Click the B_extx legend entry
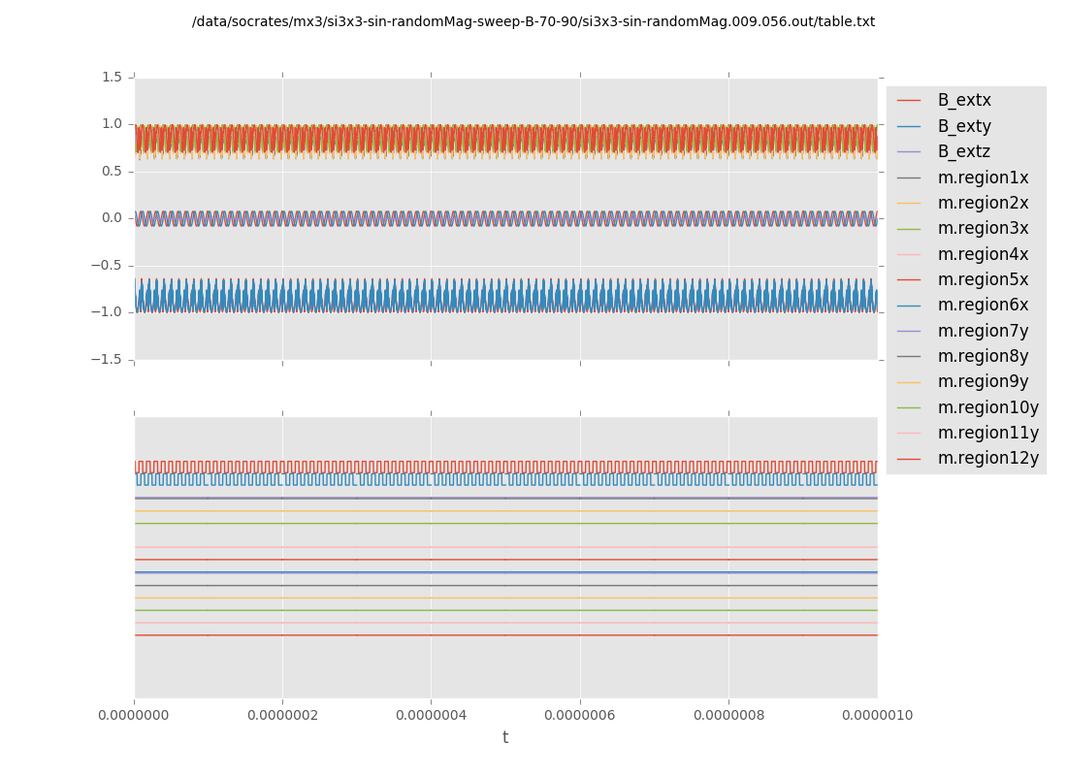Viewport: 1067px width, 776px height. [x=964, y=101]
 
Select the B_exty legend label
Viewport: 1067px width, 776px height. [x=964, y=126]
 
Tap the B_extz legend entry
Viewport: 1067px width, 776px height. [x=964, y=152]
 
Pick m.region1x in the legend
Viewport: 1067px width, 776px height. [x=983, y=178]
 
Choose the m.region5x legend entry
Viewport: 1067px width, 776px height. [x=983, y=280]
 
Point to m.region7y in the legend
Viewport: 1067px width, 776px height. [x=983, y=331]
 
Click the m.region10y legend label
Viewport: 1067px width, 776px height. [x=987, y=407]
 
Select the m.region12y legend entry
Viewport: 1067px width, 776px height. [x=987, y=459]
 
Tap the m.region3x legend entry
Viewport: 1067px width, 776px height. [x=983, y=229]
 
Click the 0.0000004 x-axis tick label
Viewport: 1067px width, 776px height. [x=432, y=716]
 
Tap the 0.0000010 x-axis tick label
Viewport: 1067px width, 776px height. [x=877, y=716]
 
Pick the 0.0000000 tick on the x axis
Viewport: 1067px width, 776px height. [x=135, y=716]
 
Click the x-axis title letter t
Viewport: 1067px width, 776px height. [x=505, y=738]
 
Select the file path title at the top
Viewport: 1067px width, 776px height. [x=533, y=22]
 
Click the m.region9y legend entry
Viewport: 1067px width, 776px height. [x=983, y=382]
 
